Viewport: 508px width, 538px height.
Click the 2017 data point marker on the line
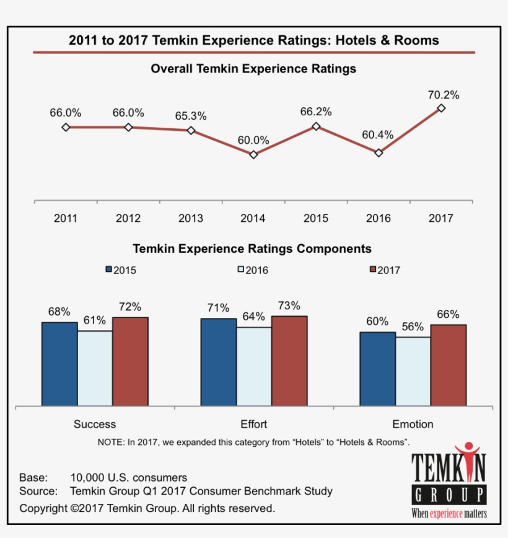441,108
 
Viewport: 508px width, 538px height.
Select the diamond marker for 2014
253,154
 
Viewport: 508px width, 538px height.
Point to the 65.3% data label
191,116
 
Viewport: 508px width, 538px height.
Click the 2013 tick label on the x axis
191,218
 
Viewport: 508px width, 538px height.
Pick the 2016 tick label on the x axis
379,218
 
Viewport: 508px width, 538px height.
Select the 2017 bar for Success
130,361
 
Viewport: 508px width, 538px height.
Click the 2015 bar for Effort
218,362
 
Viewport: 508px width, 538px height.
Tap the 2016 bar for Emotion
413,371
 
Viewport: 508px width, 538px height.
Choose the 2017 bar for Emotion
448,365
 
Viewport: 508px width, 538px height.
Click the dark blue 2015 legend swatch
109,270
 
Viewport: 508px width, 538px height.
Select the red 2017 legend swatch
373,270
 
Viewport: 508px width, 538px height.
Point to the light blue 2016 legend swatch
241,270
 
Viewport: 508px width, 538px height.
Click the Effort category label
253,425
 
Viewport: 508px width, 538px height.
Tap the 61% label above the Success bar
95,320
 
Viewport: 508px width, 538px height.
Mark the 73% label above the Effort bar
289,306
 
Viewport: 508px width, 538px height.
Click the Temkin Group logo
449,481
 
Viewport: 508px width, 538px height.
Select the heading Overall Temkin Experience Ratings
253,69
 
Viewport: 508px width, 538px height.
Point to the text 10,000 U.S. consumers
129,477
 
